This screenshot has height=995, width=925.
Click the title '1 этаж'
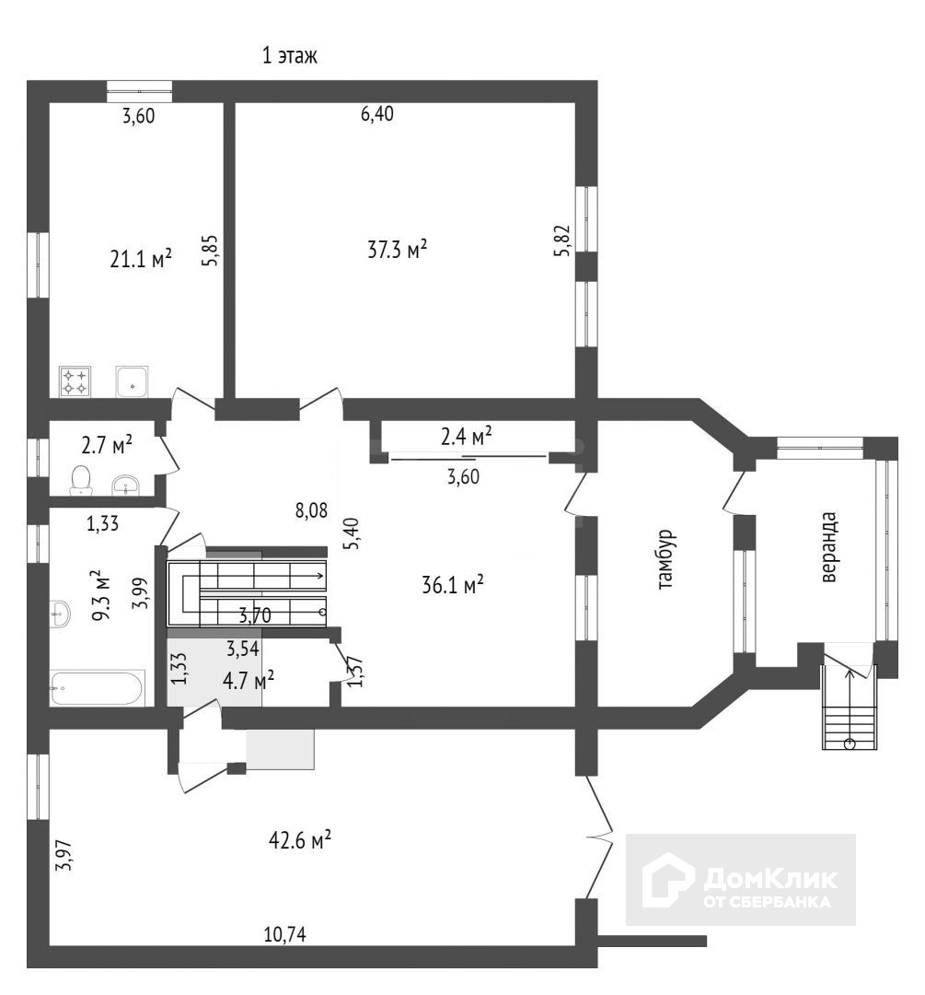pyautogui.click(x=290, y=57)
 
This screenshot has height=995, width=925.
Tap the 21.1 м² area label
pyautogui.click(x=141, y=260)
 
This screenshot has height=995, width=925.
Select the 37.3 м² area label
pyautogui.click(x=397, y=249)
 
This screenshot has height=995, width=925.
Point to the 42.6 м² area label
pyautogui.click(x=300, y=841)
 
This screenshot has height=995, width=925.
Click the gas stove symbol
pyautogui.click(x=75, y=380)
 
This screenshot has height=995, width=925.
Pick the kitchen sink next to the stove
pyautogui.click(x=133, y=380)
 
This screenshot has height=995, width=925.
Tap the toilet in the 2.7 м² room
pyautogui.click(x=81, y=479)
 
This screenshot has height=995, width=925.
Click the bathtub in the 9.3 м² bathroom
pyautogui.click(x=98, y=687)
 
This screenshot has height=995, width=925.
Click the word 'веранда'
pyautogui.click(x=829, y=547)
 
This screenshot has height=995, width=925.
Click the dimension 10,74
pyautogui.click(x=285, y=934)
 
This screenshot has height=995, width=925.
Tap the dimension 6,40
pyautogui.click(x=377, y=115)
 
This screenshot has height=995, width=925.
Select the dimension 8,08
pyautogui.click(x=311, y=509)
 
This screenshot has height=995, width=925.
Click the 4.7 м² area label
pyautogui.click(x=249, y=682)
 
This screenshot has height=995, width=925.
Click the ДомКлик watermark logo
pyautogui.click(x=742, y=881)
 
